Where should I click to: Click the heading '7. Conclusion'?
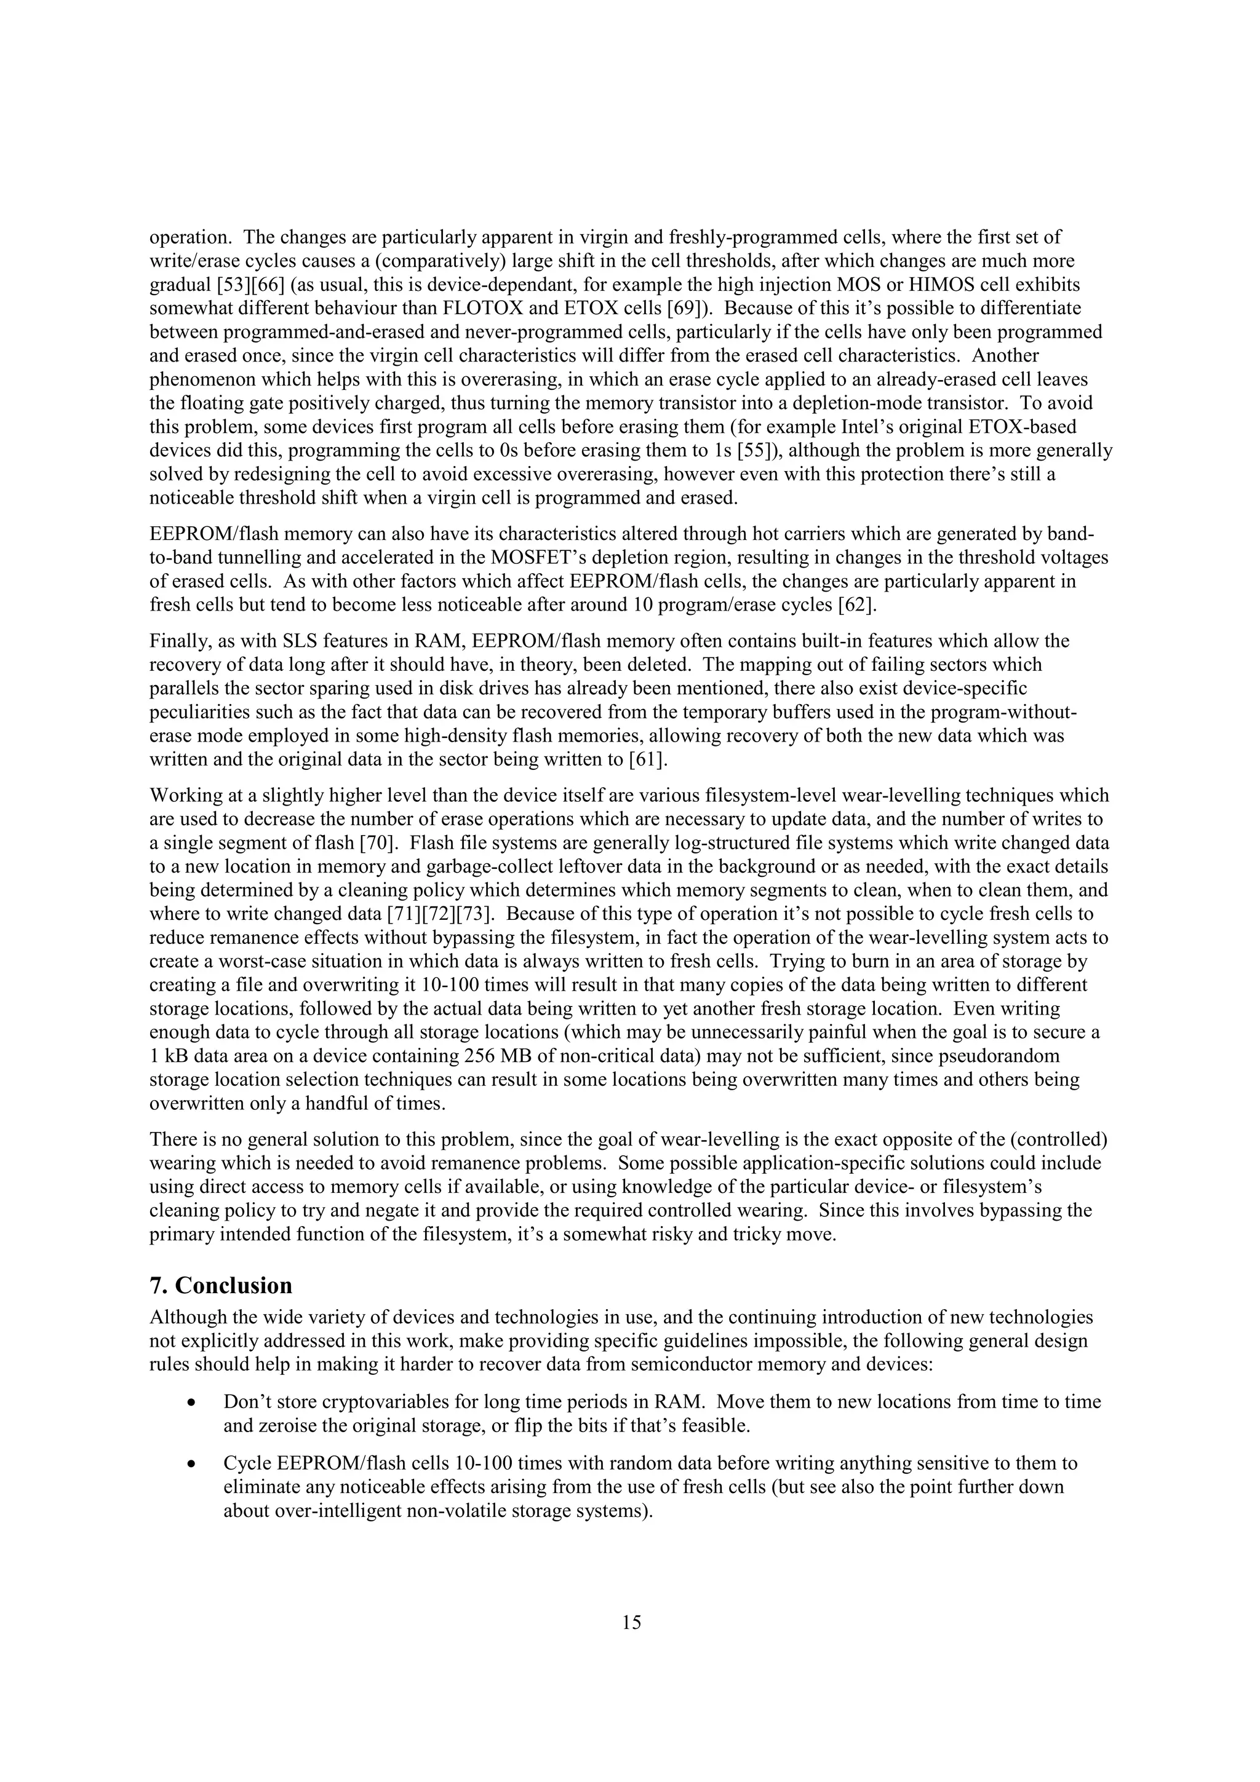(x=220, y=1285)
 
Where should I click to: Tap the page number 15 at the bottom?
(x=631, y=1622)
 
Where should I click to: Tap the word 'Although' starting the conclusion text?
(x=181, y=1317)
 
